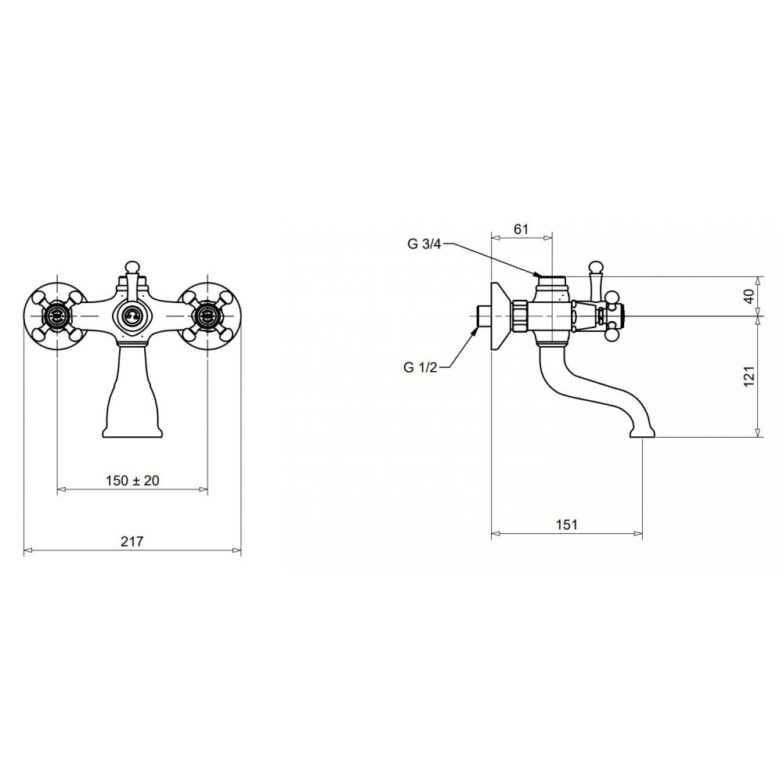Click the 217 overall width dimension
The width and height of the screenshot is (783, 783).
point(132,541)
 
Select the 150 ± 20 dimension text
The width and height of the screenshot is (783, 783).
point(132,481)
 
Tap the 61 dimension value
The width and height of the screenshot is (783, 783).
point(521,229)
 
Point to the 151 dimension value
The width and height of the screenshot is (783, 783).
point(566,525)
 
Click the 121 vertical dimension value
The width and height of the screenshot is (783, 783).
point(749,377)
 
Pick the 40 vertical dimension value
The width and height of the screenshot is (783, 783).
point(749,297)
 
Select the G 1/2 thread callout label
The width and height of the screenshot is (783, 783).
point(420,367)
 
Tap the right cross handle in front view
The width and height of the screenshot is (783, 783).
point(207,316)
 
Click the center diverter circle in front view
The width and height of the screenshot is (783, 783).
point(132,316)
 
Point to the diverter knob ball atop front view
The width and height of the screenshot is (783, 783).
point(132,266)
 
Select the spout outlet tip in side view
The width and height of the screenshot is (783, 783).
point(642,432)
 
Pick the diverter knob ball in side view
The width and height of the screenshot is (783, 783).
point(597,266)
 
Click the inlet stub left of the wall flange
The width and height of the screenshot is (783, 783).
point(482,316)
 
